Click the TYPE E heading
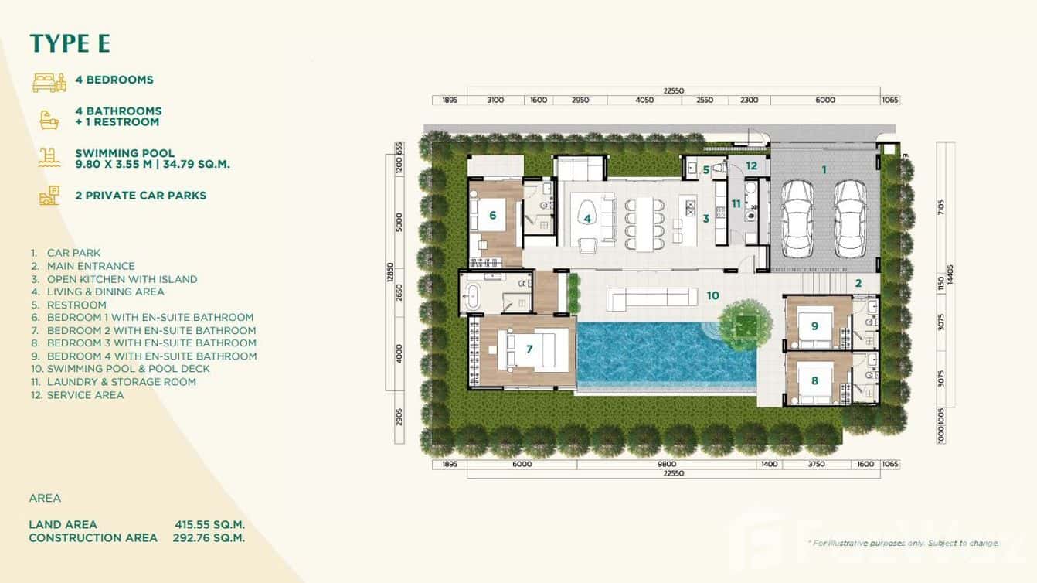[70, 43]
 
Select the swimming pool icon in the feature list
[49, 158]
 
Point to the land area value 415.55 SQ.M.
[209, 524]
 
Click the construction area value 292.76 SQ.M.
[209, 537]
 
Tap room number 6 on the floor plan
[492, 215]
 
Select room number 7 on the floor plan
[529, 349]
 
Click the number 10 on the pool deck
[712, 295]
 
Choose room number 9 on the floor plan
[814, 326]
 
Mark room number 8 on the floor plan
[814, 380]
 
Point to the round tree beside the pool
[746, 321]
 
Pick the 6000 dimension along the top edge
[824, 100]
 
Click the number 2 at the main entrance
[858, 283]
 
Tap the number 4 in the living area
[587, 219]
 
